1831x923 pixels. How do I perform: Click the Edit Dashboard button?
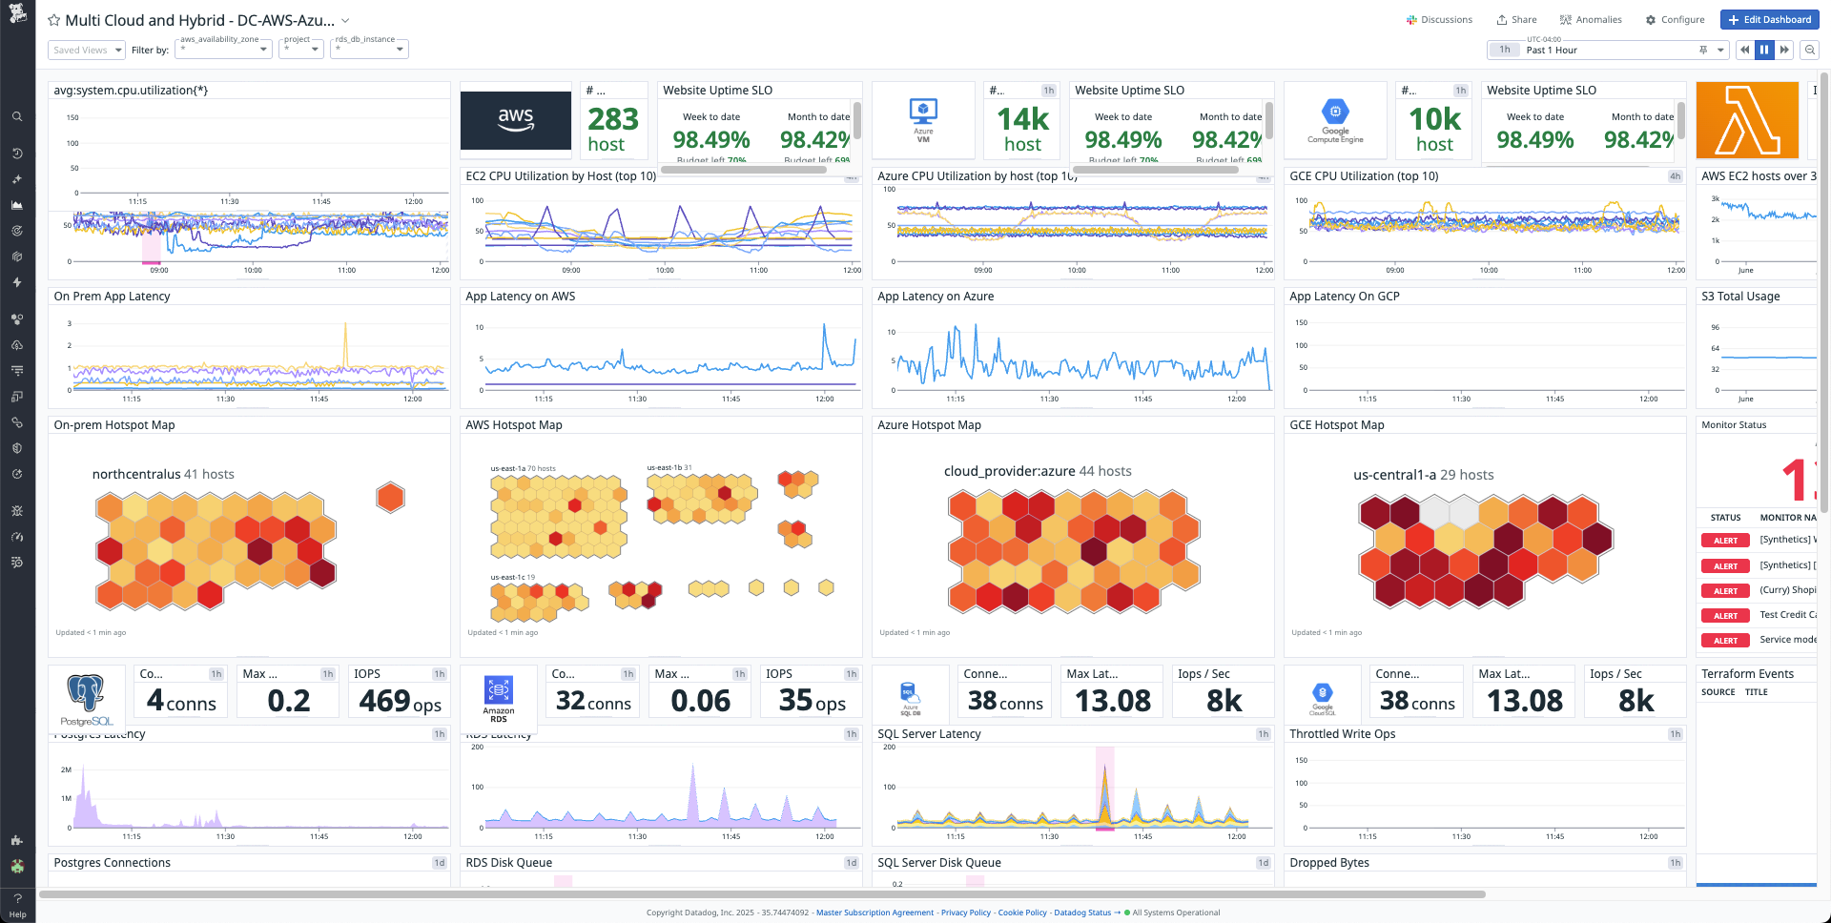pos(1769,19)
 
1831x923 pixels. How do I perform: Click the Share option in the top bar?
pos(1516,19)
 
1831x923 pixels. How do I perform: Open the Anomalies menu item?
pos(1591,19)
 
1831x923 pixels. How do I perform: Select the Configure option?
pos(1675,19)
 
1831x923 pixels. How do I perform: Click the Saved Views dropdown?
pos(87,50)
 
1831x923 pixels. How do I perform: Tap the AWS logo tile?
pos(516,120)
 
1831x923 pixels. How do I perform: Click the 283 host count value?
pos(612,120)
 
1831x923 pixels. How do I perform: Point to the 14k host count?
pos(1022,120)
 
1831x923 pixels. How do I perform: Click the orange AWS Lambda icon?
pos(1747,120)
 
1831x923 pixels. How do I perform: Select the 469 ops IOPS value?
pos(400,702)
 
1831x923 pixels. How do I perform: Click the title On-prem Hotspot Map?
pos(114,425)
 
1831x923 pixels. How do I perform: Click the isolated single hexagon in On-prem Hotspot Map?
pos(390,497)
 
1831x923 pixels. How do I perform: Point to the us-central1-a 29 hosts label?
pos(1423,475)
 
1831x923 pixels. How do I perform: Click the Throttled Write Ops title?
pos(1342,734)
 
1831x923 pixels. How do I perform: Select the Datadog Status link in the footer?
pos(1082,913)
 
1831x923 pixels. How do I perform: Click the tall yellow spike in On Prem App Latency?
pos(345,345)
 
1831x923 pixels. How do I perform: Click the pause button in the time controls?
pos(1764,50)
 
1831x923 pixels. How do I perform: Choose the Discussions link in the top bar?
pos(1439,19)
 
